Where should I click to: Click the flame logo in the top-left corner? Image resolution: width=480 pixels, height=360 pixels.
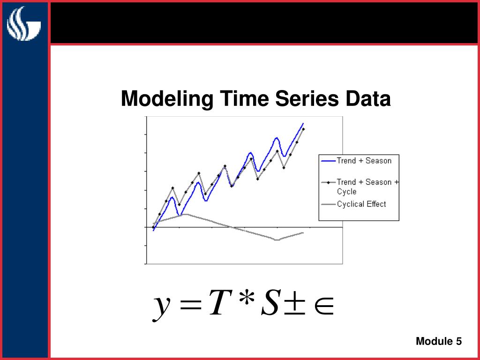(x=23, y=23)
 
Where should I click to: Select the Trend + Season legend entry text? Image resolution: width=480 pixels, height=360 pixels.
(x=364, y=161)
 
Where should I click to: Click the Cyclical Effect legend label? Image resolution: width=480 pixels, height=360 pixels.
(x=361, y=204)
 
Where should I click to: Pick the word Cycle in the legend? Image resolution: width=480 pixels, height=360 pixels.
(x=346, y=192)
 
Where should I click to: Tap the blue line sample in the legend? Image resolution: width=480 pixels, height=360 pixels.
(x=328, y=161)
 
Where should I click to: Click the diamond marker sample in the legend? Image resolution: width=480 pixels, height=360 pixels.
(x=328, y=182)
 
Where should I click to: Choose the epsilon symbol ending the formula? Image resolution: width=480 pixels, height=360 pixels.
(x=324, y=305)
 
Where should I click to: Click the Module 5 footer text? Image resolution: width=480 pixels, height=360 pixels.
(x=439, y=341)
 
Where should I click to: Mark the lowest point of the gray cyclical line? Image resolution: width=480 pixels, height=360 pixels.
(x=277, y=240)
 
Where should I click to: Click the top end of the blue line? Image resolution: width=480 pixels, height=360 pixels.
(x=303, y=123)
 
